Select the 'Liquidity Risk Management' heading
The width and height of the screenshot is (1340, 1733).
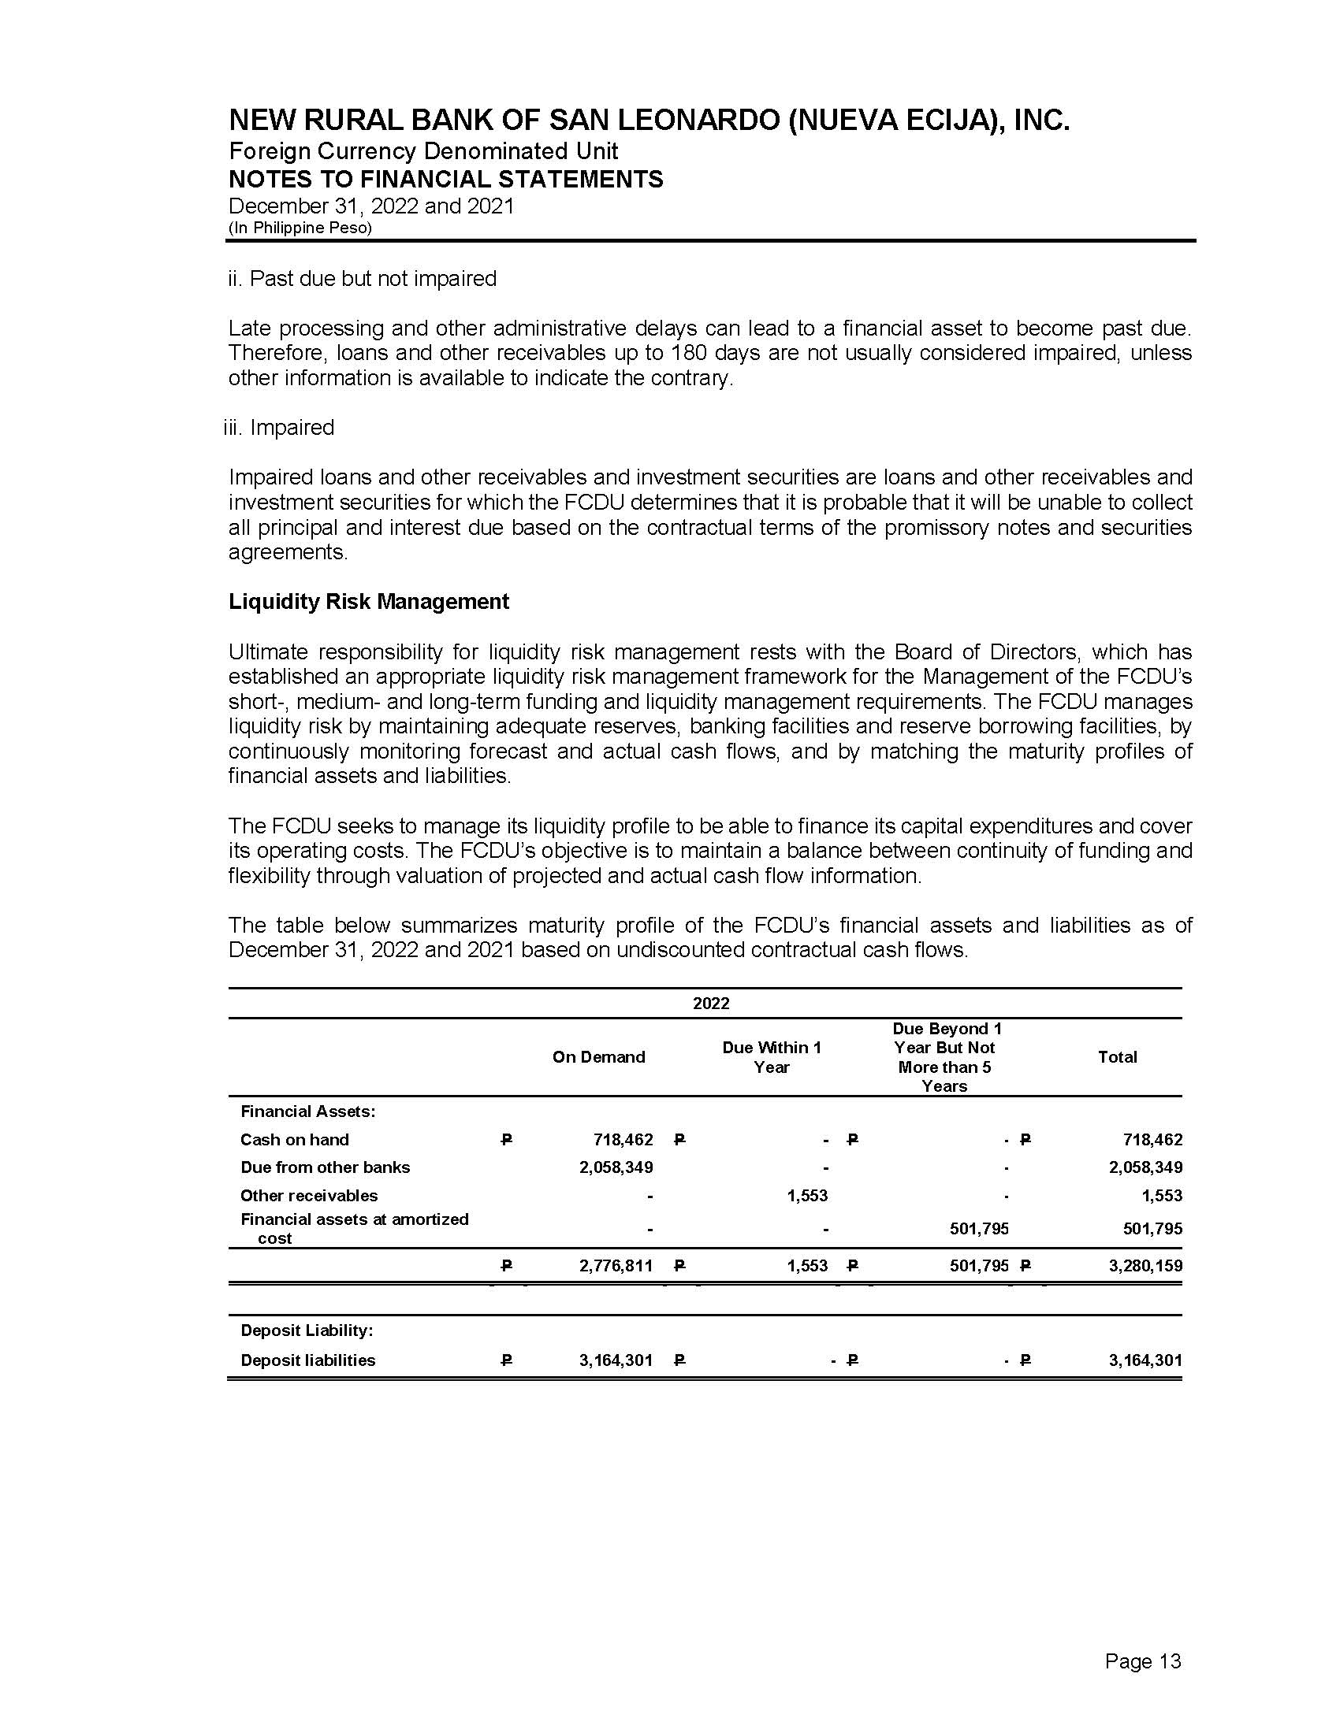368,602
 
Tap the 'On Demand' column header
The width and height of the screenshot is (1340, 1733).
598,1057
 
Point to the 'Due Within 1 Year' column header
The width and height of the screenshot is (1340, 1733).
771,1057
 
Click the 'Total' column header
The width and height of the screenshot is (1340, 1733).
1117,1057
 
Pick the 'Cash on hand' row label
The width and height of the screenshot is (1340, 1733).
295,1140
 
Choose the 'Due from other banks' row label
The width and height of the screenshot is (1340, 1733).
325,1167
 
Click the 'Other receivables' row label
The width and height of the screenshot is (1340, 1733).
309,1196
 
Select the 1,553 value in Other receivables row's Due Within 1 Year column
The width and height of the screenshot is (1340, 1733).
807,1196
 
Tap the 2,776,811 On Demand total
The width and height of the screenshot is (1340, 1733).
616,1266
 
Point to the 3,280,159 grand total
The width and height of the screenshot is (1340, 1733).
1145,1266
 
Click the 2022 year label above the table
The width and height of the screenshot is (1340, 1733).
710,1003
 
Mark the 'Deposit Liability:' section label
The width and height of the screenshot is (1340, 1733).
307,1330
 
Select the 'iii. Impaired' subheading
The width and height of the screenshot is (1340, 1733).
278,428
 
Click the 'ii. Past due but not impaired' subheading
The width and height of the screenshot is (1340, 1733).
362,279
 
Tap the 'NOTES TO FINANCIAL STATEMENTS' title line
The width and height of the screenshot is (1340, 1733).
445,180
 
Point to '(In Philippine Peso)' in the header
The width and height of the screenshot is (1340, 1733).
300,228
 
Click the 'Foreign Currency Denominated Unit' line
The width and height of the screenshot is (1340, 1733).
423,150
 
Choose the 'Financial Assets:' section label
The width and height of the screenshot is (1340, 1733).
308,1111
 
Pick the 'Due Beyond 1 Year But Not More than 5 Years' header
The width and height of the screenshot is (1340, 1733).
944,1057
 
